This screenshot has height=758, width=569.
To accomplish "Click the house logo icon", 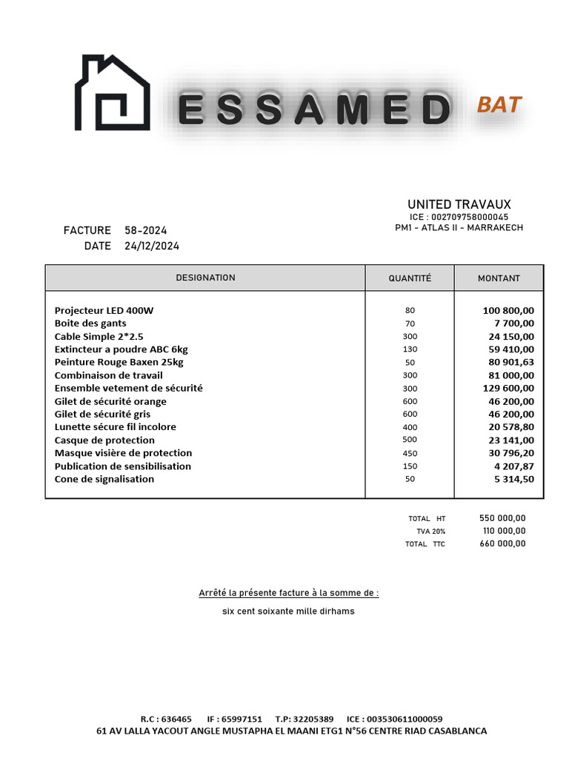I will (x=112, y=93).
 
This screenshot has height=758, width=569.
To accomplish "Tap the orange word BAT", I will (x=499, y=104).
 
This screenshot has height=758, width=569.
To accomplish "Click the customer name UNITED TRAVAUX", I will (x=459, y=204).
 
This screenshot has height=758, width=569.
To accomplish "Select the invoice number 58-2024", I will (x=146, y=230).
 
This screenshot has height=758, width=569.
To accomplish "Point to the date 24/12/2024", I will (x=152, y=246).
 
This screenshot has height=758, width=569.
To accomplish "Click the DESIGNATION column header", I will (x=205, y=278).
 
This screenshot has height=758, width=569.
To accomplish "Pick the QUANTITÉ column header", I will (x=410, y=278).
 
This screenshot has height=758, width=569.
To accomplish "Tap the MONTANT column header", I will (x=499, y=278).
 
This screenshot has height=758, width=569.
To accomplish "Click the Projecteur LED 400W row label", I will (x=104, y=310).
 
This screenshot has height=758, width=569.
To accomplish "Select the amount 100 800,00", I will (x=508, y=310).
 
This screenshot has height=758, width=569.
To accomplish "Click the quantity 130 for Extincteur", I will (x=410, y=349).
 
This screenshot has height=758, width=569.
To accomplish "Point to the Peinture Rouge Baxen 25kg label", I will (x=119, y=362).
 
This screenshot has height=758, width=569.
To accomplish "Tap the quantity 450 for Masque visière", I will (x=410, y=453).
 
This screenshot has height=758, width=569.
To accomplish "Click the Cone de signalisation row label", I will (x=104, y=479).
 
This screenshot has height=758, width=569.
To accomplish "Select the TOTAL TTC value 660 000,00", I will (x=502, y=543).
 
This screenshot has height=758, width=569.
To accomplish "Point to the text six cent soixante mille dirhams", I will (x=288, y=611).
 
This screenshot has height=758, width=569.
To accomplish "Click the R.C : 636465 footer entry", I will (x=166, y=719).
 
